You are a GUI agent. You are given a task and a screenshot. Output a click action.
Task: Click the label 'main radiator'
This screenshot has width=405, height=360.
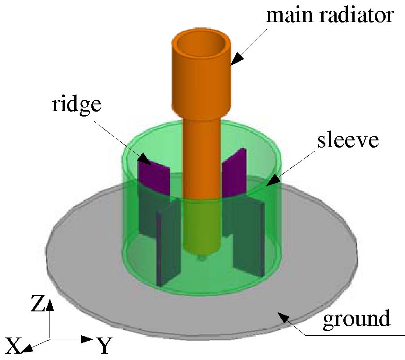[330, 16]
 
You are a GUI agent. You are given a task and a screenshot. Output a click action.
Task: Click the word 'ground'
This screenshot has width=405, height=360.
[356, 319]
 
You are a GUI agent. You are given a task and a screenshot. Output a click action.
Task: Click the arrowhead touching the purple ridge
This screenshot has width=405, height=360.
[144, 158]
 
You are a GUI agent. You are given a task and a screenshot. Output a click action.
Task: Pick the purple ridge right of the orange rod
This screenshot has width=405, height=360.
[234, 173]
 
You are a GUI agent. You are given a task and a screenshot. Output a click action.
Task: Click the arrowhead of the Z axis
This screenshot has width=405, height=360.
[50, 305]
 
